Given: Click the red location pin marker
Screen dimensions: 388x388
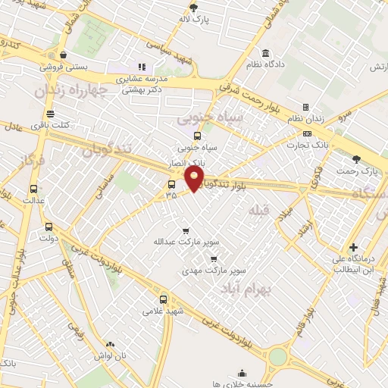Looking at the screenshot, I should pos(195,178).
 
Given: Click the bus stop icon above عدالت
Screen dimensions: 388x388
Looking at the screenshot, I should pos(33,189).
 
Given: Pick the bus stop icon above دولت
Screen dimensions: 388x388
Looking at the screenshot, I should pos(49,226).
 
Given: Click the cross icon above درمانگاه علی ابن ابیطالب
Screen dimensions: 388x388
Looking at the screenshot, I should pos(353,247).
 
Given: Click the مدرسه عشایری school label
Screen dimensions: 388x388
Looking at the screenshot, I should pos(141,78).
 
